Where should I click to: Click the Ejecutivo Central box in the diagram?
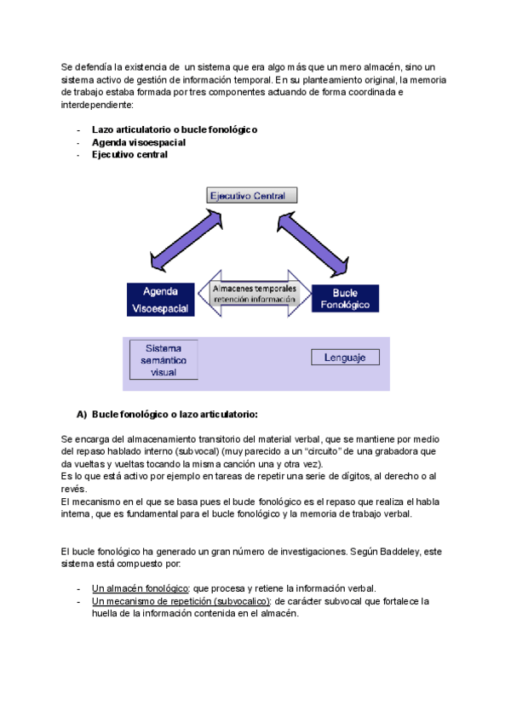point(253,196)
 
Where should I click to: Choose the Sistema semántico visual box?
point(163,360)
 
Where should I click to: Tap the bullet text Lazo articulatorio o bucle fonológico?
point(175,129)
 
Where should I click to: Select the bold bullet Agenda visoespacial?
point(139,142)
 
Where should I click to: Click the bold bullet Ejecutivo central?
point(129,155)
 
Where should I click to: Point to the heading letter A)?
point(82,415)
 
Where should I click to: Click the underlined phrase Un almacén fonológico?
point(140,588)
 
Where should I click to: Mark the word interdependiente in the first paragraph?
point(96,105)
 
